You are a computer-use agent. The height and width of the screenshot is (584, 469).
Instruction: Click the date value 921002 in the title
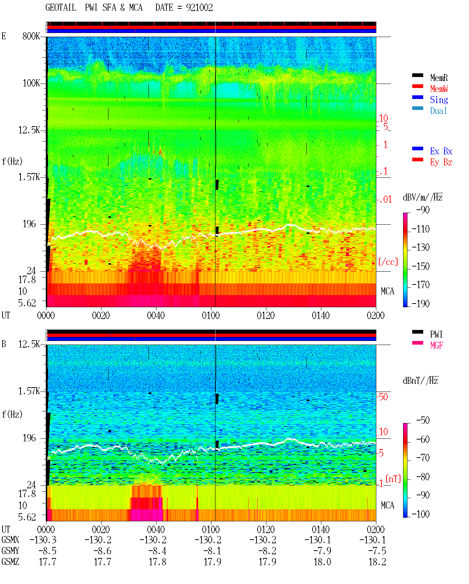tap(199, 8)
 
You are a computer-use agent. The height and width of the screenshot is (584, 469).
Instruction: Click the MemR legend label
tap(439, 78)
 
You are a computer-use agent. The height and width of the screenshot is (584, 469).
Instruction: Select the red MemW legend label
tap(439, 89)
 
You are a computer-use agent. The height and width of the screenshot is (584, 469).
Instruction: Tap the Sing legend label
tap(439, 100)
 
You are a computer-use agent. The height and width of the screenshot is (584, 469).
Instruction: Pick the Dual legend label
tap(438, 111)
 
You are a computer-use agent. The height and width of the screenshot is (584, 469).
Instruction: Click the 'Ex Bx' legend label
tap(441, 151)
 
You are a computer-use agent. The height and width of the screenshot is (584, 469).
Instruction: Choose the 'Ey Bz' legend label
tap(441, 162)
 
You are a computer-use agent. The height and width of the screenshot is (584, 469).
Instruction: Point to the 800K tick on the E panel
tap(31, 36)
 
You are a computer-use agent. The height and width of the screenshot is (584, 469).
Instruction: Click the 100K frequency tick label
tap(31, 83)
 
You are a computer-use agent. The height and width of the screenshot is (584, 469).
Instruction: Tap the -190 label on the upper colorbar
tap(421, 304)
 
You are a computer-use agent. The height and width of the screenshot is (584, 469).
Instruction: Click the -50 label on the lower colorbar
tap(423, 420)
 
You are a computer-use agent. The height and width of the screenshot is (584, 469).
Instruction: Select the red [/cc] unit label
tap(388, 262)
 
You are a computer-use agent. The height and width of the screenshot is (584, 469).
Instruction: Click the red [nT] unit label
tap(393, 478)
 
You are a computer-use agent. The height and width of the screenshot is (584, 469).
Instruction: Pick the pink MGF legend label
tap(436, 345)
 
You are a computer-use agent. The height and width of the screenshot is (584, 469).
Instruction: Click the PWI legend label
tap(436, 334)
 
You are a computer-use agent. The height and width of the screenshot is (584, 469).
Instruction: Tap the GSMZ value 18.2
tap(377, 562)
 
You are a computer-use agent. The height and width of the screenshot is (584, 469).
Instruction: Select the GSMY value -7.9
tap(322, 551)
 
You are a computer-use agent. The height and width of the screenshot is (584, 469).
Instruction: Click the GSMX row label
tap(10, 540)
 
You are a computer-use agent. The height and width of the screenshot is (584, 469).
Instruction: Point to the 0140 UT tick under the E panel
tap(321, 315)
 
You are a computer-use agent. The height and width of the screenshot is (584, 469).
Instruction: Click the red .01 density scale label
tap(385, 200)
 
